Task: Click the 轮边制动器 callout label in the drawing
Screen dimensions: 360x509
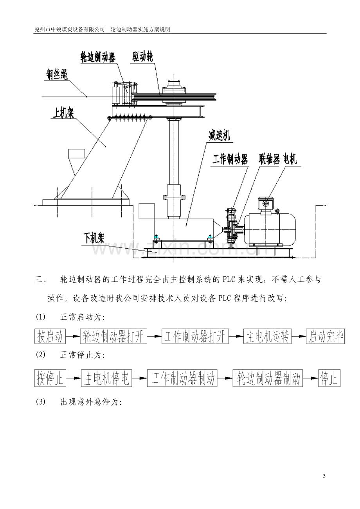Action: (x=98, y=57)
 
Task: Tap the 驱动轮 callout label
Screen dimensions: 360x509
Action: (x=143, y=56)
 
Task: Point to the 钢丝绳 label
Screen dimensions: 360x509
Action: (x=57, y=74)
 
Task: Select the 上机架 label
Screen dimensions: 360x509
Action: (x=63, y=112)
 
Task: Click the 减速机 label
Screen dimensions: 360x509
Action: (x=219, y=136)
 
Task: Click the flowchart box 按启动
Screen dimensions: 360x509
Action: (x=50, y=336)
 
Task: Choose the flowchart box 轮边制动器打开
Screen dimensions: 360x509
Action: (x=113, y=336)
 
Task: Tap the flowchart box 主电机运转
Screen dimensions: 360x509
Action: (x=267, y=336)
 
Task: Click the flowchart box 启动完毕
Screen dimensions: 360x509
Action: (x=326, y=336)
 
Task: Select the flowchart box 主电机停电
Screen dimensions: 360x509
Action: (x=106, y=378)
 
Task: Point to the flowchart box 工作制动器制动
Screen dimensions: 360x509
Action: (x=182, y=378)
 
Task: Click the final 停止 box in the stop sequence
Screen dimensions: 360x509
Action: (x=329, y=378)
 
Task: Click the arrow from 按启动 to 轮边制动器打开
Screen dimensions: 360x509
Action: (x=73, y=336)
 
